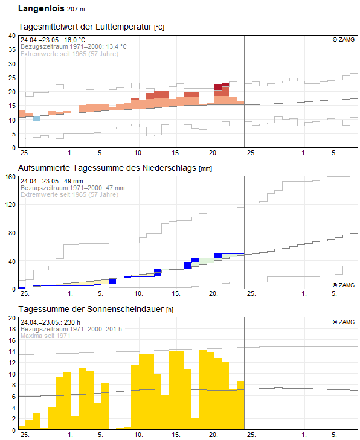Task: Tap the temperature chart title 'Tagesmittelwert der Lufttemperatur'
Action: [x=85, y=27]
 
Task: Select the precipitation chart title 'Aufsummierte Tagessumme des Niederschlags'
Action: [x=107, y=168]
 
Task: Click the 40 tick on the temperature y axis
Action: [x=11, y=36]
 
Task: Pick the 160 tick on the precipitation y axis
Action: [x=10, y=177]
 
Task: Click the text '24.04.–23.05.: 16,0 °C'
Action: [x=53, y=40]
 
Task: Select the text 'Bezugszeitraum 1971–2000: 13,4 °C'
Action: [x=74, y=46]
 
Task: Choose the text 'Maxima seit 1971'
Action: [x=45, y=336]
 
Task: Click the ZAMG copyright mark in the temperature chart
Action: [x=344, y=40]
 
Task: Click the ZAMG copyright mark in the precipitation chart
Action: [x=344, y=284]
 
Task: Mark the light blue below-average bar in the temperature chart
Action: [x=37, y=118]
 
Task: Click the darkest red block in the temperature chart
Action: [x=218, y=87]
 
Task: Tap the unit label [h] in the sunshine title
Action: [x=170, y=310]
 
